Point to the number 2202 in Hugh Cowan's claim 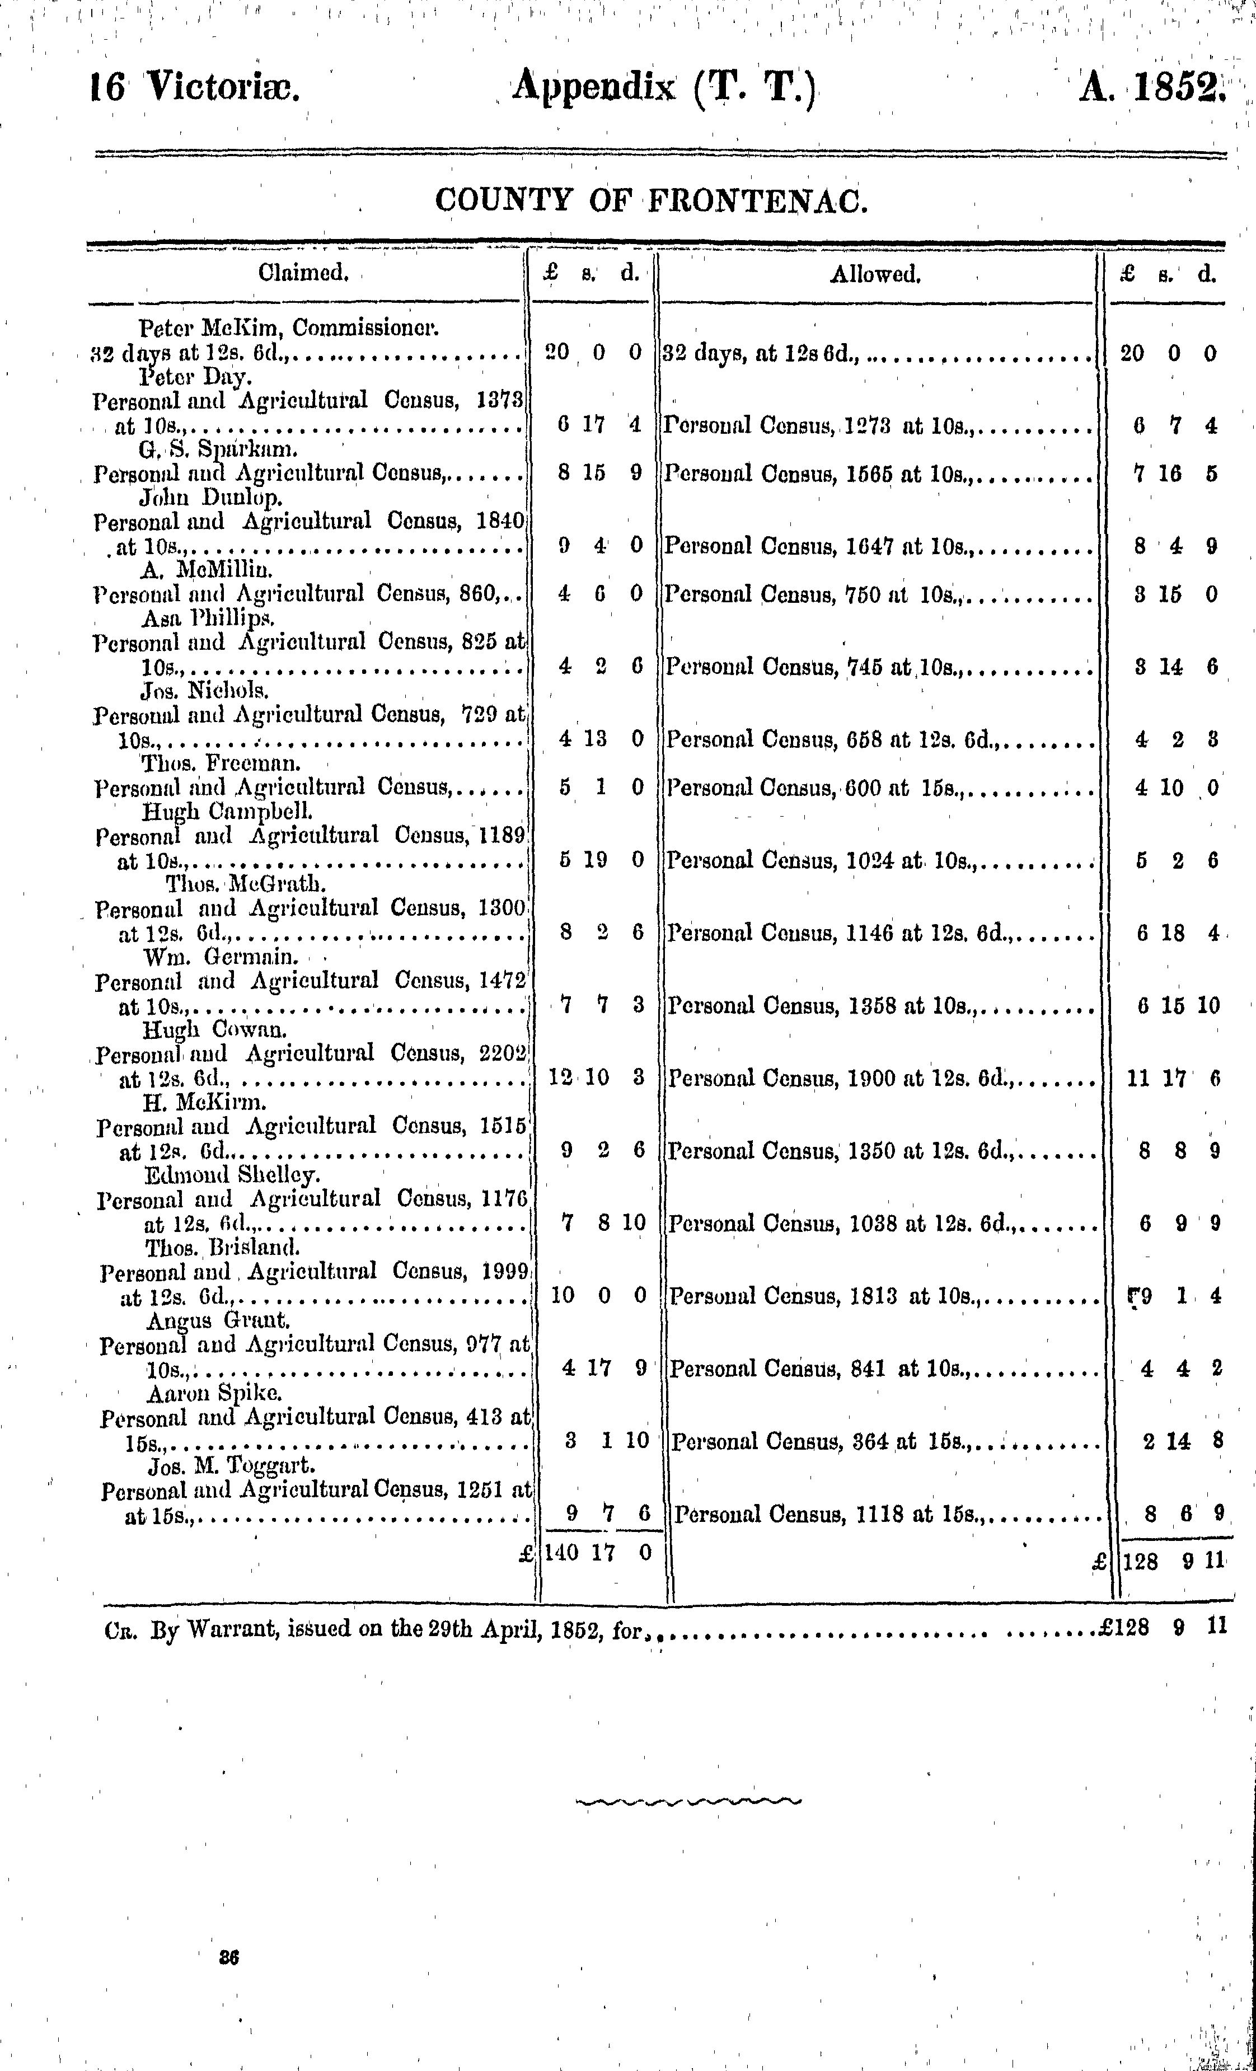(502, 1053)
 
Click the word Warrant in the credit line (229, 1627)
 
